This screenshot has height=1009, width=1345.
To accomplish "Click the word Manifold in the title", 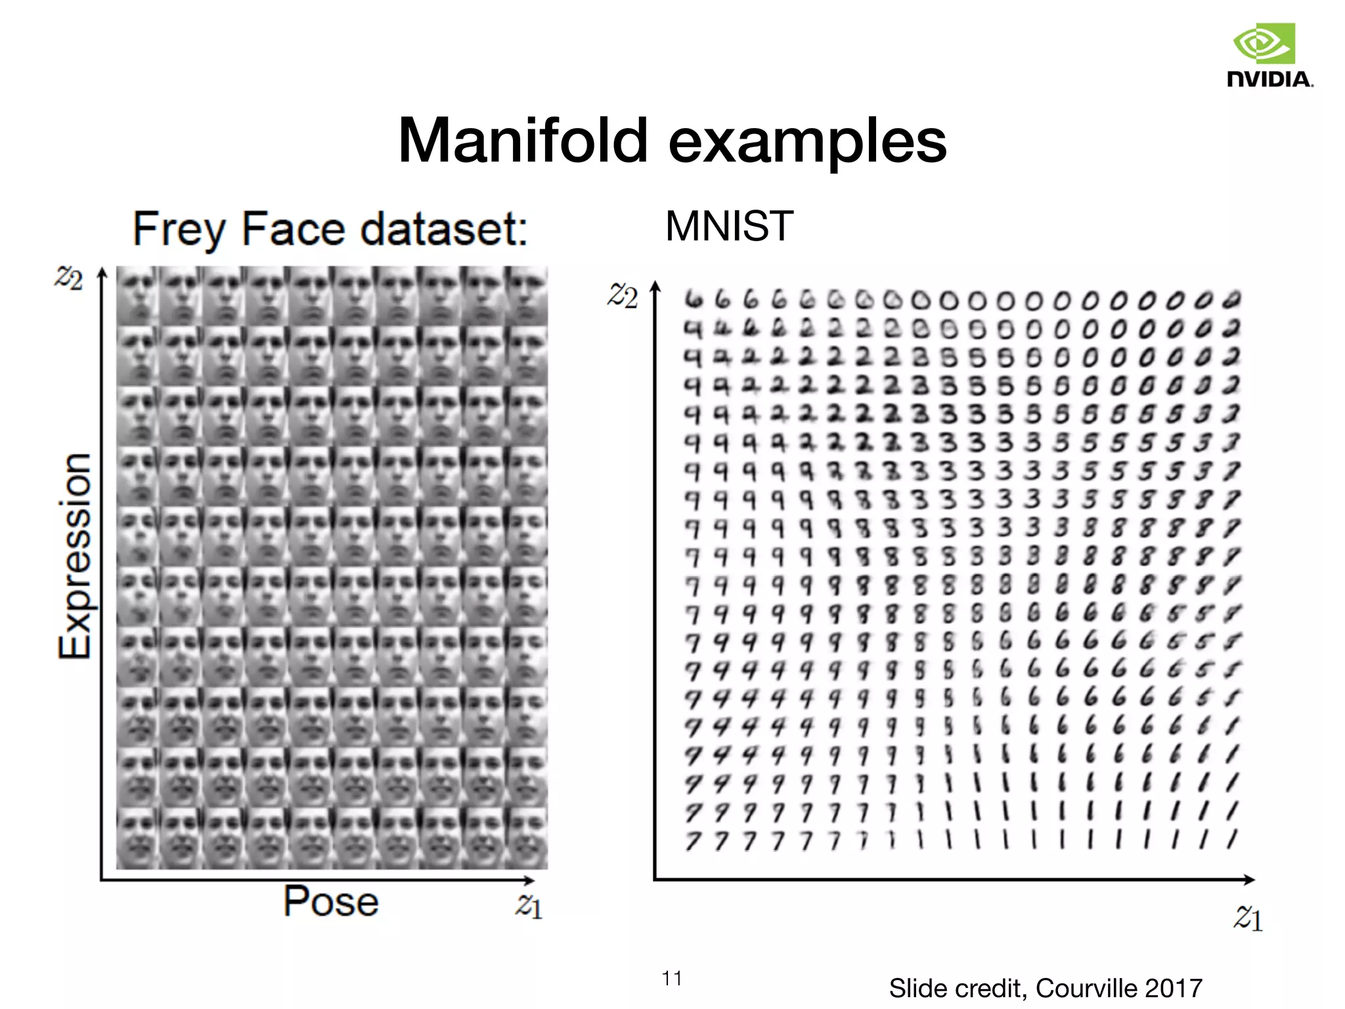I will [x=523, y=141].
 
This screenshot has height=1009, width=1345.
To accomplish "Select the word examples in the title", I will [x=807, y=142].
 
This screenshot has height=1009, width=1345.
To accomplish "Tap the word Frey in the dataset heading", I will [x=179, y=230].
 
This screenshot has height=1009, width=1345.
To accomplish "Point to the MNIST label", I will [x=729, y=227].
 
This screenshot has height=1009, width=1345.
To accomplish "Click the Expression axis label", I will [x=74, y=555].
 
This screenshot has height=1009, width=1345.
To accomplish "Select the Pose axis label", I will [x=330, y=901].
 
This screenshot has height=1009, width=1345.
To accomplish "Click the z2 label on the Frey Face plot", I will [x=68, y=278].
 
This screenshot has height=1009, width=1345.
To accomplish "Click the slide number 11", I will [x=671, y=979].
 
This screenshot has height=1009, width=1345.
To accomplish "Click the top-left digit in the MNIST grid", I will [x=693, y=300].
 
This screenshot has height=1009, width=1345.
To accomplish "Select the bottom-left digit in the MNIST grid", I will [x=693, y=841].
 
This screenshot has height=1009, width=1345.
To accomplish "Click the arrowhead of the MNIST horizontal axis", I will [x=1249, y=879].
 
